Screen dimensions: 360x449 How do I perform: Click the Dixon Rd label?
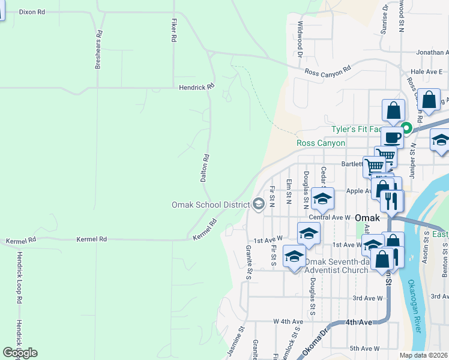pos(32,11)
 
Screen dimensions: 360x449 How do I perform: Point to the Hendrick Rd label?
pos(196,87)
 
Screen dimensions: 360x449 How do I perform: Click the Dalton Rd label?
pos(205,168)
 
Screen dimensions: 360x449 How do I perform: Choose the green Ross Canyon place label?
pos(321,143)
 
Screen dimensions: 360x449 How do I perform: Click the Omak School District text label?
pos(210,205)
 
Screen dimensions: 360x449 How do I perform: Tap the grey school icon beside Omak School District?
pos(259,205)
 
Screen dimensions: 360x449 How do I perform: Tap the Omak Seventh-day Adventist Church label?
pos(336,266)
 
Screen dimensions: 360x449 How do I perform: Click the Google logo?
pos(20,353)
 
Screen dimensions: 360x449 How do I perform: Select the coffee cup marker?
pos(392,137)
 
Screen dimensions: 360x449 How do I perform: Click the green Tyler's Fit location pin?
pos(406,128)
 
